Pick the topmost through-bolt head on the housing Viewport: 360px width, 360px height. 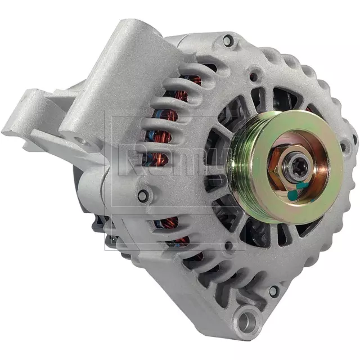[227, 40]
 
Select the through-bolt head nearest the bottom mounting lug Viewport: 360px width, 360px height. [273, 291]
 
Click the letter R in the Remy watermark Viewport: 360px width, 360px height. [130, 159]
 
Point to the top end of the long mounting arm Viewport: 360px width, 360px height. [133, 31]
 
